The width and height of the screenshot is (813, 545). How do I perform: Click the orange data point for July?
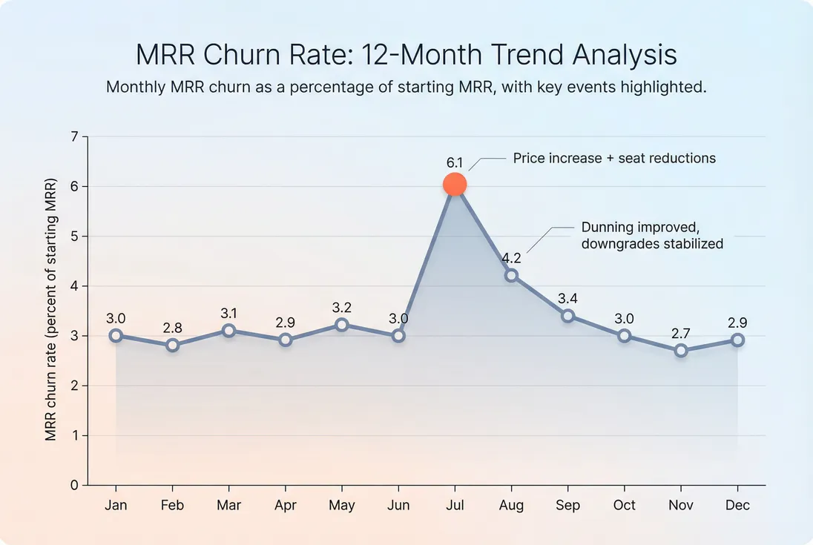455,185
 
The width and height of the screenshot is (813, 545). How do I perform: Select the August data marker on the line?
511,276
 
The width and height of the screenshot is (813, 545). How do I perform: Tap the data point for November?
681,351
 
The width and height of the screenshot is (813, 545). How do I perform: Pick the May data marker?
342,325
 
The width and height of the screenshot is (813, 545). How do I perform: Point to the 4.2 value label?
511,259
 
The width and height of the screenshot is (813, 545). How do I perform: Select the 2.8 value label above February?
172,328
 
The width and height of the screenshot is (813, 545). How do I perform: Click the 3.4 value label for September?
567,298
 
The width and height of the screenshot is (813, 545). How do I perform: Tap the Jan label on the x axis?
116,506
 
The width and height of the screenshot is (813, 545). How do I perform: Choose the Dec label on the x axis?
737,506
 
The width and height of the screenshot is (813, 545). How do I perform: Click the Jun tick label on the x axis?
398,506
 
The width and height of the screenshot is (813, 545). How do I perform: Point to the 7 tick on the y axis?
74,137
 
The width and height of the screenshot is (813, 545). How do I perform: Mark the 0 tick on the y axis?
74,486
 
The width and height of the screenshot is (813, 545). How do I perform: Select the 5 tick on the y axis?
74,237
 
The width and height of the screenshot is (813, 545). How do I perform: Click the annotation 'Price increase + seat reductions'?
614,158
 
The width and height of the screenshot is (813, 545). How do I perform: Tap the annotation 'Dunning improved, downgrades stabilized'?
652,236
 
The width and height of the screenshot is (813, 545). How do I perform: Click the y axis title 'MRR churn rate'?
51,310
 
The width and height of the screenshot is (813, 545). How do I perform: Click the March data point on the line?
228,331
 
